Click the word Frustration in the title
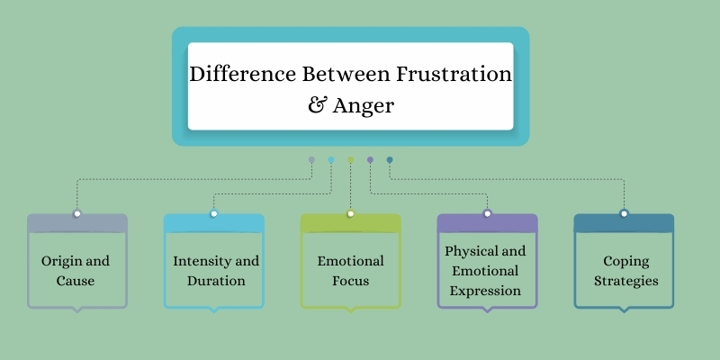click(x=454, y=74)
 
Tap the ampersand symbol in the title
click(x=317, y=105)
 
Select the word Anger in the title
click(x=364, y=107)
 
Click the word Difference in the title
click(x=242, y=74)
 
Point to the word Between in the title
click(x=346, y=74)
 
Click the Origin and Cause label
click(x=76, y=271)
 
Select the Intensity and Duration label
click(x=216, y=271)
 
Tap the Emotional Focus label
click(x=350, y=271)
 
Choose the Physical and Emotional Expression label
click(x=485, y=271)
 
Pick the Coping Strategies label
click(x=625, y=271)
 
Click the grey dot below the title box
click(x=311, y=160)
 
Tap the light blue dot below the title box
click(x=331, y=160)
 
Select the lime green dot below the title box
click(x=350, y=160)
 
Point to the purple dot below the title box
click(x=370, y=160)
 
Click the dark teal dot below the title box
click(x=390, y=160)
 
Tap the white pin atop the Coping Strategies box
click(x=624, y=213)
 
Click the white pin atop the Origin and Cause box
click(x=77, y=213)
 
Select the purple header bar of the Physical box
click(x=487, y=223)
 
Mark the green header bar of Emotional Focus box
click(x=350, y=223)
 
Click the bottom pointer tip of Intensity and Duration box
click(x=214, y=312)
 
